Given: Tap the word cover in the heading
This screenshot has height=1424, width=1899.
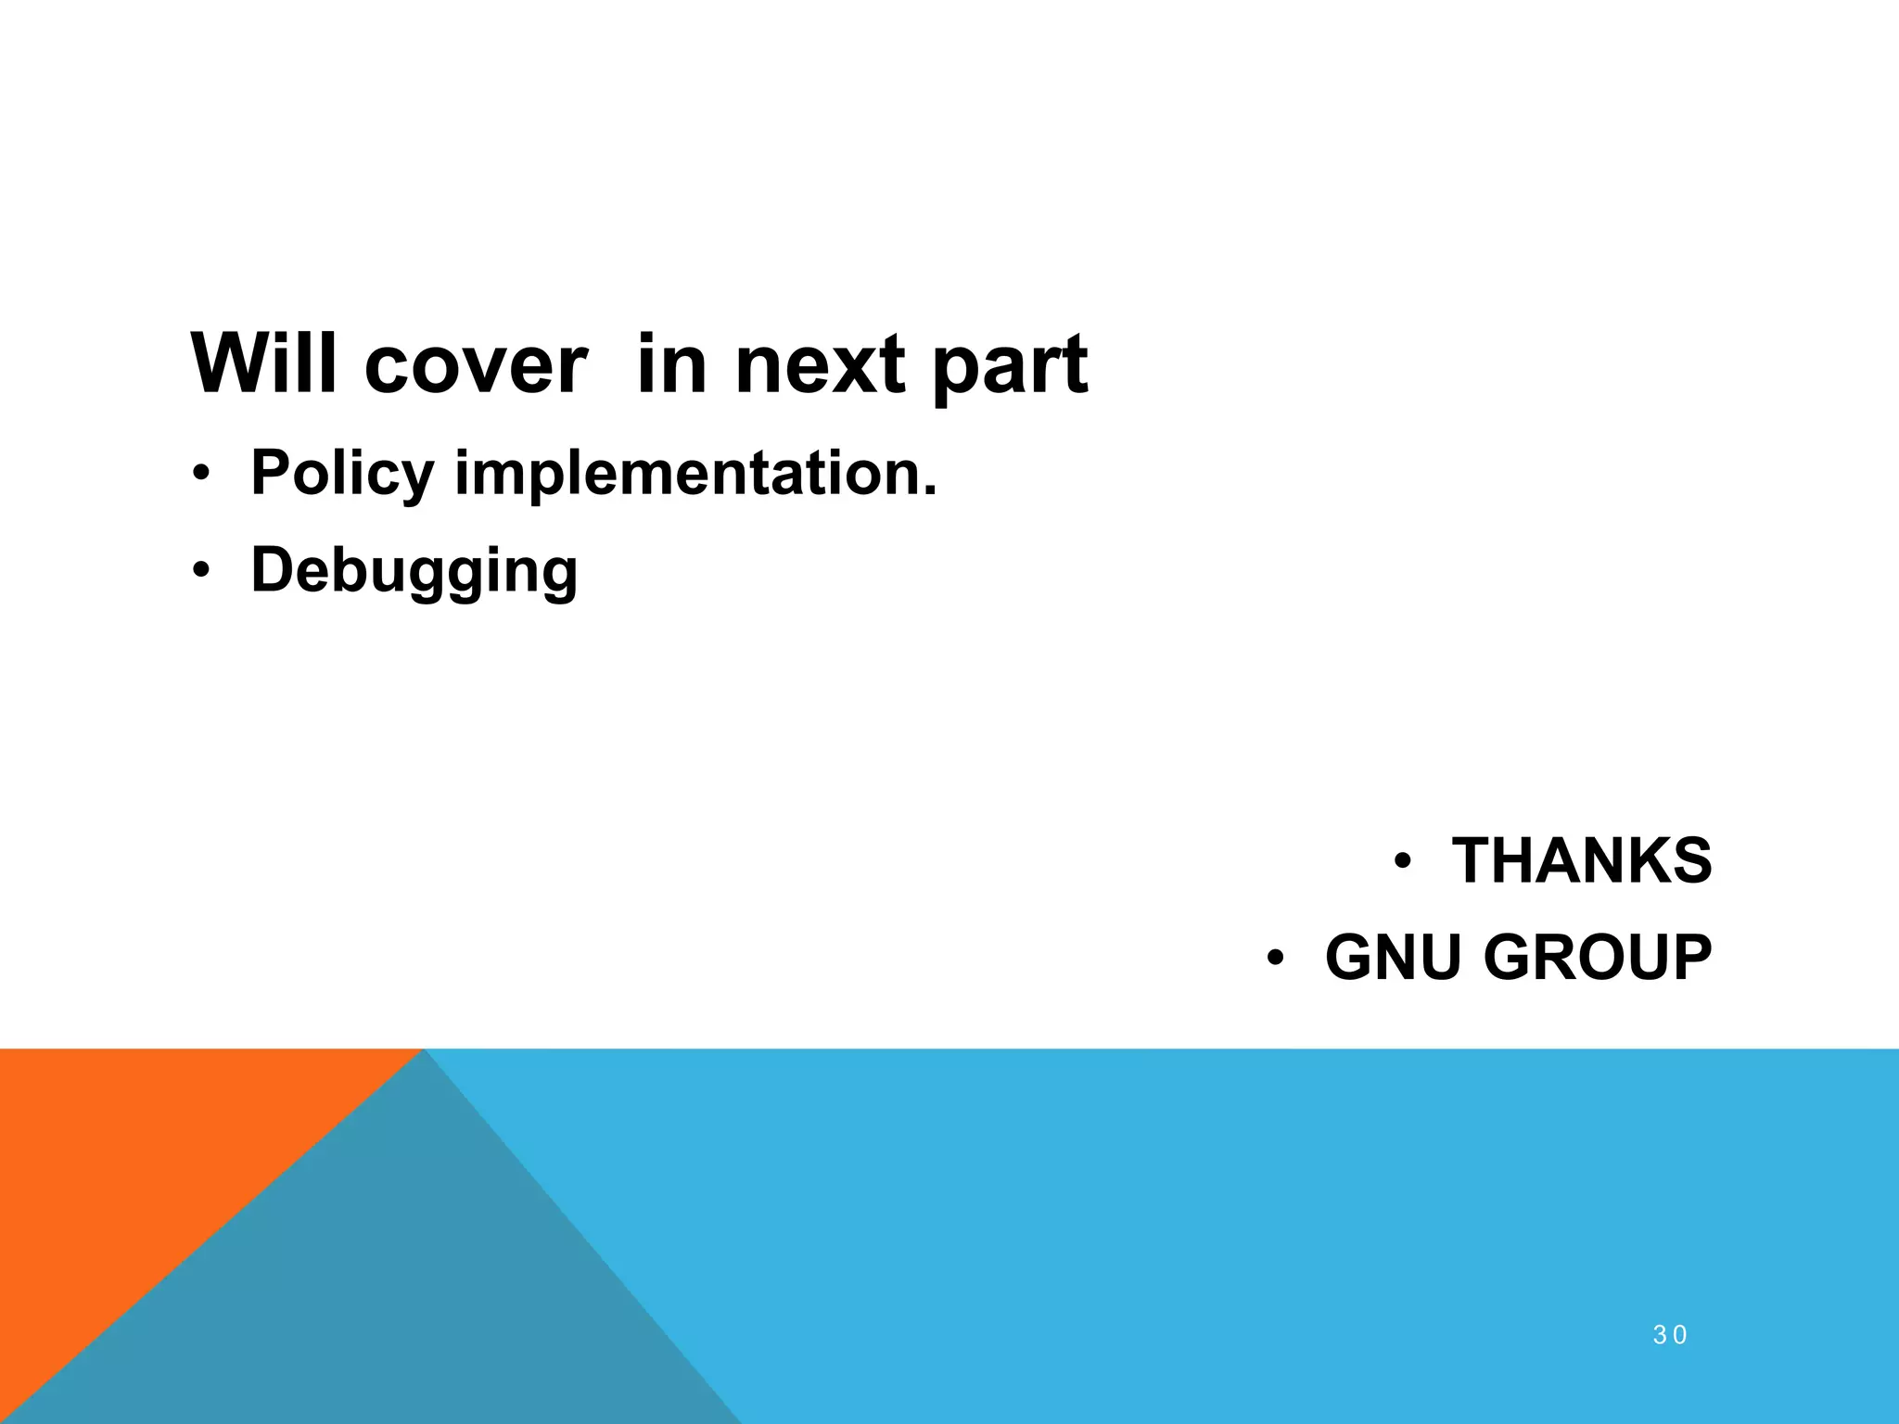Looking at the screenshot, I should [x=476, y=365].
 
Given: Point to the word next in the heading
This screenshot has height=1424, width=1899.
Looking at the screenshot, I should [x=820, y=365].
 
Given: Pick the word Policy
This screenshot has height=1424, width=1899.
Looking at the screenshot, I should [x=342, y=475].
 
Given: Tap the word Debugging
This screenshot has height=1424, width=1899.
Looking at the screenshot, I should [x=414, y=571].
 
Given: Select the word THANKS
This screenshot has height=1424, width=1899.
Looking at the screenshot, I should [x=1582, y=861].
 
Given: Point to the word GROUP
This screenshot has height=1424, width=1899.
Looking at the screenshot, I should [x=1598, y=958].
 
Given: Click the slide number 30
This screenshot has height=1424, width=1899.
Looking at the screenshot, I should [x=1670, y=1335].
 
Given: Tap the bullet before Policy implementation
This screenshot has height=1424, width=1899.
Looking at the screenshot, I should [x=200, y=476].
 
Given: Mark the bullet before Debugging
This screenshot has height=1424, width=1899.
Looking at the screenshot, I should [x=200, y=572].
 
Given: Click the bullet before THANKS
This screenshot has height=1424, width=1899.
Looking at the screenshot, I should [x=1402, y=861].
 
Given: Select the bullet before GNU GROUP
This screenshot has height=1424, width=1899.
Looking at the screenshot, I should [x=1276, y=958].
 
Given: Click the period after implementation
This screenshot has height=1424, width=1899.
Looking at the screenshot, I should [x=930, y=490].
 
